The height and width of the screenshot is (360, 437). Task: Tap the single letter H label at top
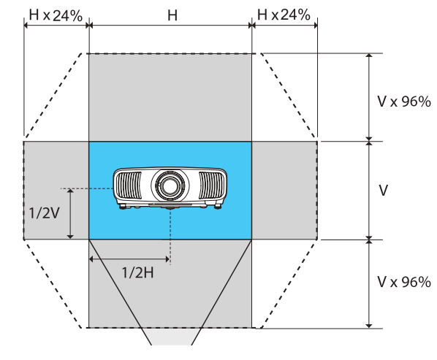(172, 14)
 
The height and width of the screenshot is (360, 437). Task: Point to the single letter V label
(383, 190)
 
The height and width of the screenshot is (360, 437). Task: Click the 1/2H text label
(138, 275)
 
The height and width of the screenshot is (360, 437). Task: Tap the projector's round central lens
(170, 184)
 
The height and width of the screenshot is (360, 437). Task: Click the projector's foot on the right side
(217, 207)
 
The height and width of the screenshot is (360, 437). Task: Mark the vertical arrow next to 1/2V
(70, 213)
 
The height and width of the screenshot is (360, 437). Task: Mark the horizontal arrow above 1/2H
(129, 258)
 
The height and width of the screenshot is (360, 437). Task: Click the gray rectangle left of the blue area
(56, 190)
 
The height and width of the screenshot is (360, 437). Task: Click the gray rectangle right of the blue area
(284, 190)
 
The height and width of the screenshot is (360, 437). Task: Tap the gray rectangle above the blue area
(170, 96)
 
